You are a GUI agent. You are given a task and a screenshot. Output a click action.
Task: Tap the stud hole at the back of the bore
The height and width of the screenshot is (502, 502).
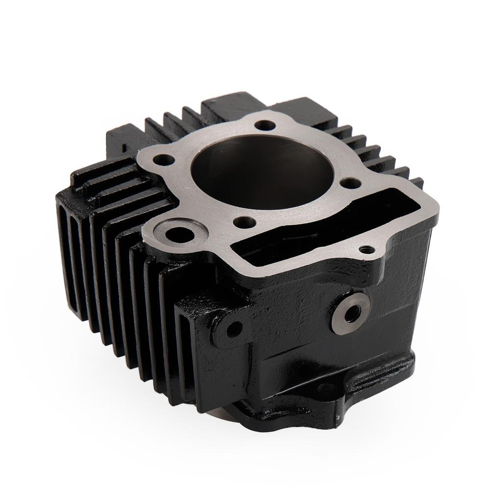click(265, 125)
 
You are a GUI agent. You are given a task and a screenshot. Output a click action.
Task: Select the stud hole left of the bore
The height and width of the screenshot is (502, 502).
click(164, 160)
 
